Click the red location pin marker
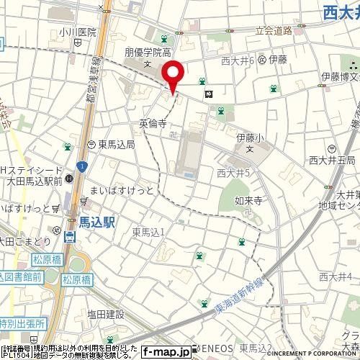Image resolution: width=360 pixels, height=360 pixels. coord(173,75)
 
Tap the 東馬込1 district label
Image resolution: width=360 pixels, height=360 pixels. coord(149,231)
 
